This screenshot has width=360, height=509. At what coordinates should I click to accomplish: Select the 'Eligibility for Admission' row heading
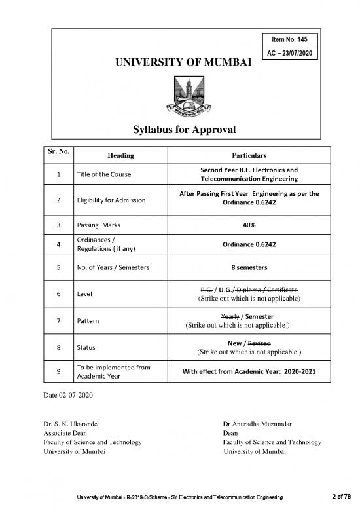pyautogui.click(x=111, y=200)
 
